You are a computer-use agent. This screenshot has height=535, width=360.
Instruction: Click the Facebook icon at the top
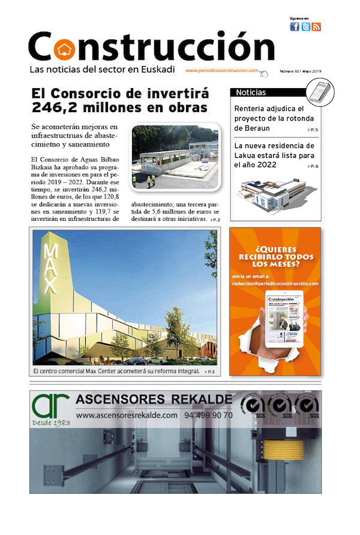[x=295, y=26]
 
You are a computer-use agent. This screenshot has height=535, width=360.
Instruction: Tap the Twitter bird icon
[x=305, y=26]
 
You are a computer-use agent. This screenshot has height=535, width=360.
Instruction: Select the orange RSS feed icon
[x=316, y=26]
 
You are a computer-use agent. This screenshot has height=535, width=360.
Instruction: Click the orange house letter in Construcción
[x=61, y=47]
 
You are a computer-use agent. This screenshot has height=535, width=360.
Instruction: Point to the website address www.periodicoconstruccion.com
[x=222, y=70]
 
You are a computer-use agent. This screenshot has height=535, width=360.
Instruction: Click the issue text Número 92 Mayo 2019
[x=301, y=71]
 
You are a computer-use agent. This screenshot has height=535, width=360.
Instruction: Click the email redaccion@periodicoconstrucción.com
[x=275, y=284]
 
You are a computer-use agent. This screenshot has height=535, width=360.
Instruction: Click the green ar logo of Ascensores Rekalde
[x=50, y=407]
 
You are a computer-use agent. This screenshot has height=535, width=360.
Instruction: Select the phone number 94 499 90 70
[x=209, y=415]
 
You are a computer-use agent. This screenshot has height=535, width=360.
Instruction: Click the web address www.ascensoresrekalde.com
[x=127, y=415]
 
